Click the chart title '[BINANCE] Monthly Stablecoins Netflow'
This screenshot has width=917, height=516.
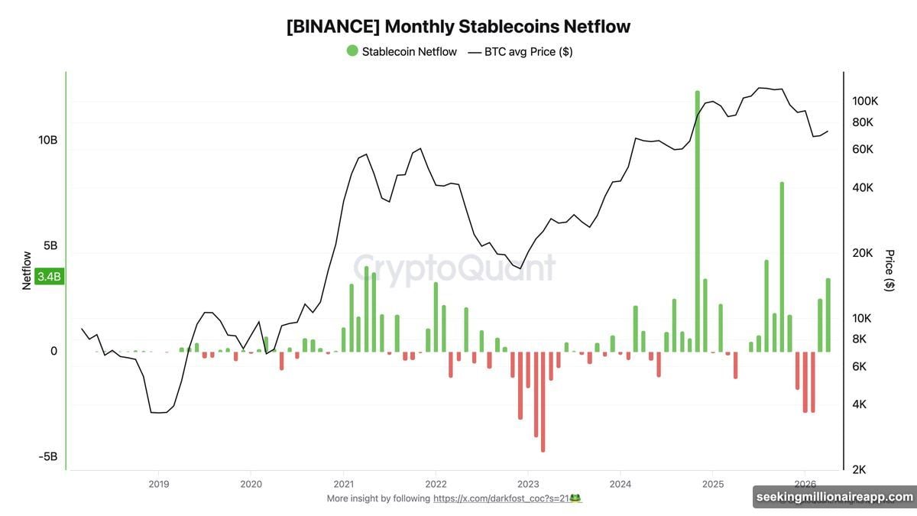click(x=458, y=26)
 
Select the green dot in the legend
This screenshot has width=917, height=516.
click(x=352, y=51)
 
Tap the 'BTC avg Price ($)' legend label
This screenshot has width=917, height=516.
click(x=528, y=51)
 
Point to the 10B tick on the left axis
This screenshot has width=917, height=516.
click(x=48, y=141)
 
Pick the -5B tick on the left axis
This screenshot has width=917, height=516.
click(x=48, y=457)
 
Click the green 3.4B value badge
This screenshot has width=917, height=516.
click(x=50, y=277)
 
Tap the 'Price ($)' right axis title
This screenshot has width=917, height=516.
click(x=889, y=270)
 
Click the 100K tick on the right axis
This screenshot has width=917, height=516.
click(x=867, y=101)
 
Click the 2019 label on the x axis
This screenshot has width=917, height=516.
click(x=158, y=484)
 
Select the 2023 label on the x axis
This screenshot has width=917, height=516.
click(x=527, y=484)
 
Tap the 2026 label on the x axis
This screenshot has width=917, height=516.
click(x=805, y=484)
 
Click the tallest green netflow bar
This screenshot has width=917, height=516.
click(x=697, y=222)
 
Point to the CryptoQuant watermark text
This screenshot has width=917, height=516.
click(x=454, y=269)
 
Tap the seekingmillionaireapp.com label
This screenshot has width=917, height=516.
click(x=834, y=497)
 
